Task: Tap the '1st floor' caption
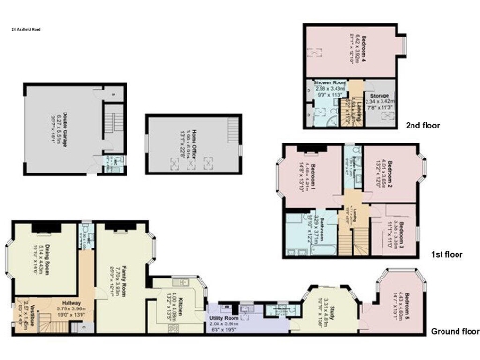[445, 253]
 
